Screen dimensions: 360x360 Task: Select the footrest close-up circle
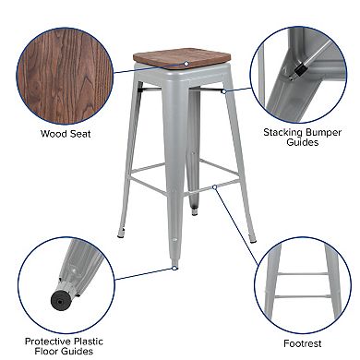coord(304,277)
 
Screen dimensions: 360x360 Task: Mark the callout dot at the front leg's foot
coord(174,268)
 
